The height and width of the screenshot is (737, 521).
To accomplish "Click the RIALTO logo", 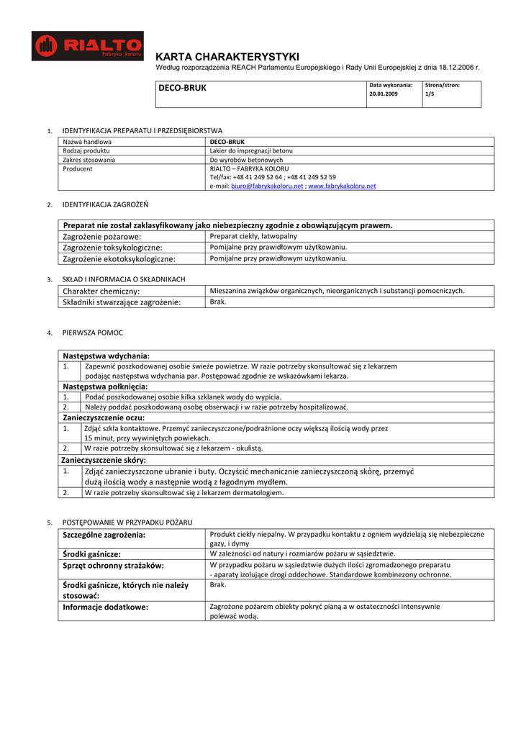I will coord(88,46).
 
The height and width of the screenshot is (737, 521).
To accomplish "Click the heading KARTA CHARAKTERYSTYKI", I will coord(227,56).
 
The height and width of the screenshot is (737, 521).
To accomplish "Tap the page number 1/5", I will coord(430,94).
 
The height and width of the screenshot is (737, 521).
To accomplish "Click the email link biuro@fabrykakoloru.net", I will coord(267,186).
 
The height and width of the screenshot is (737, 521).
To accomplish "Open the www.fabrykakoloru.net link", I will coord(342,186).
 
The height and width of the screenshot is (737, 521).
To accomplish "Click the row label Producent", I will coord(78,168).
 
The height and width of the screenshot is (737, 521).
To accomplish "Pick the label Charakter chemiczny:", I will coord(101,291).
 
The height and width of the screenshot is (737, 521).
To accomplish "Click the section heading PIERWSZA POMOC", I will coord(93,333).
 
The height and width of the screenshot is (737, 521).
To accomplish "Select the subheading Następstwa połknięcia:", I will coord(105,386).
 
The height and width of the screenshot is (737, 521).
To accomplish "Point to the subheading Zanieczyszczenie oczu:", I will coord(104,417).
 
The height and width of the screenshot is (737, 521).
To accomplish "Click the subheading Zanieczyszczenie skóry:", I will coord(104,460).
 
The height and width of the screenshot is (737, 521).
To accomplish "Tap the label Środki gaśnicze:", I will coord(91,554).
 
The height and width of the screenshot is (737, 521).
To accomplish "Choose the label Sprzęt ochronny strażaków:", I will coord(114,566).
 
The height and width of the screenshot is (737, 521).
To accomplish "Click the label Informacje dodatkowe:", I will coord(105,607).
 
